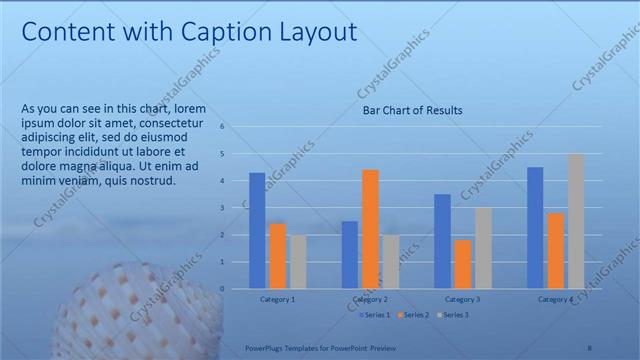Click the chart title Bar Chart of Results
tap(412, 110)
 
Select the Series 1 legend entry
tap(375, 315)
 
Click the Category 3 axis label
tap(463, 299)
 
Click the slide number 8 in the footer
tap(589, 347)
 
